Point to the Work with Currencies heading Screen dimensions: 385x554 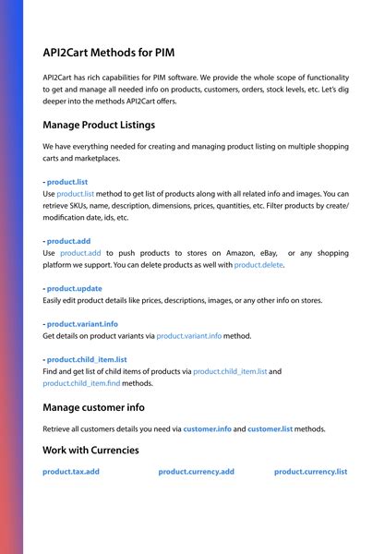coord(90,450)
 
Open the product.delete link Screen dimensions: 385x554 coord(259,265)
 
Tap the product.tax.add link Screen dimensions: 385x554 coord(71,472)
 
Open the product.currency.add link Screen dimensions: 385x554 coord(196,472)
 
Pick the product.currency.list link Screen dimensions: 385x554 coord(310,472)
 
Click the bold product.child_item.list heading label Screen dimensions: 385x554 coord(87,359)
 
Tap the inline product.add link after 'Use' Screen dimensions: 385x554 coord(82,253)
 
